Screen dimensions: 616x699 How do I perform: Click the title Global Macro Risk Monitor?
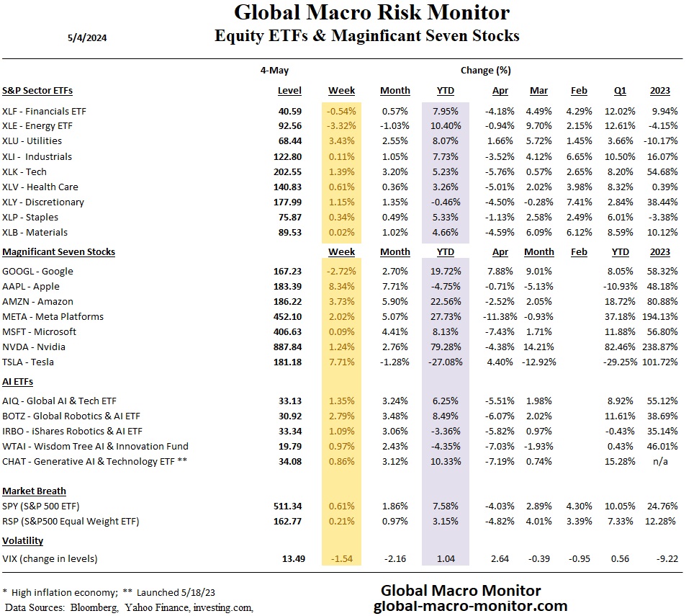coord(371,13)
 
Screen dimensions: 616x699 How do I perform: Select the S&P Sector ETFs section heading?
coord(37,91)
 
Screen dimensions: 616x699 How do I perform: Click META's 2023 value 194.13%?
coord(657,317)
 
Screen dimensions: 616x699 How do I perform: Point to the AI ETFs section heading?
coord(18,382)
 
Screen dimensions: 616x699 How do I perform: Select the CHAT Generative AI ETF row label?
coord(94,461)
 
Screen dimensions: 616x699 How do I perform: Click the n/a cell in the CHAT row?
coord(662,461)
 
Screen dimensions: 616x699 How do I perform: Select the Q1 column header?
coord(621,91)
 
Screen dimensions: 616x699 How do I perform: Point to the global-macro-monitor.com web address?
coord(471,606)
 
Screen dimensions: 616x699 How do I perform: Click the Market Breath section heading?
coord(34,491)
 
